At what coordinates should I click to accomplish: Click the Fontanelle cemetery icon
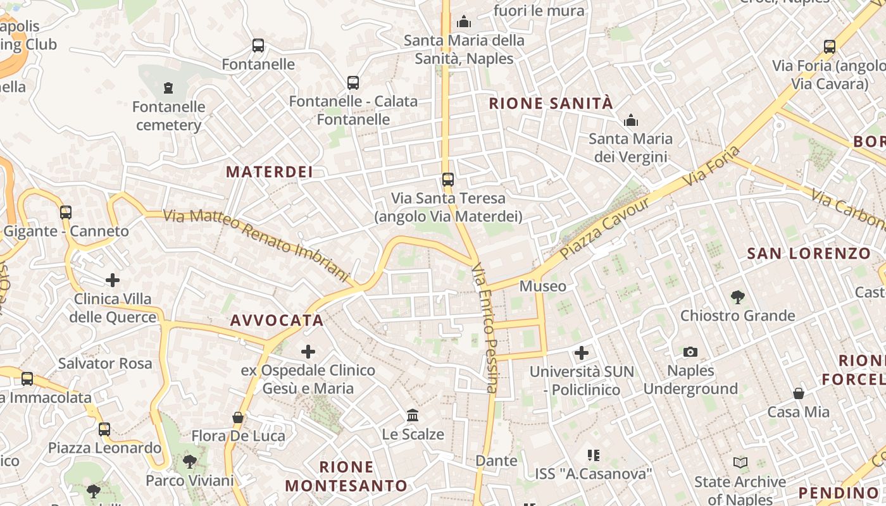[x=168, y=88]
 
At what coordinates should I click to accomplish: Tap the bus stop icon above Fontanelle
[x=258, y=46]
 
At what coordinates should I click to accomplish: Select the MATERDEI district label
[x=270, y=172]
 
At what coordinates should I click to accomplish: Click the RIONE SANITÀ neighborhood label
[x=551, y=104]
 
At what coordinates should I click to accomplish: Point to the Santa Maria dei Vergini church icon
[x=631, y=120]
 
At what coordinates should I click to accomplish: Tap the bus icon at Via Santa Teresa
[x=448, y=180]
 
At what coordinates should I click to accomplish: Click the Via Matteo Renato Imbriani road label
[x=256, y=245]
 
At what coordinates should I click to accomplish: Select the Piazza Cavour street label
[x=605, y=228]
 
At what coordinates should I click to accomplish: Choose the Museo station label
[x=543, y=287]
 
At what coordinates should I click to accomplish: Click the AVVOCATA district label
[x=277, y=321]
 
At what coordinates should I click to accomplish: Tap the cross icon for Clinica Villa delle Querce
[x=113, y=280]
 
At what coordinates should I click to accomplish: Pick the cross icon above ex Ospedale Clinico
[x=308, y=351]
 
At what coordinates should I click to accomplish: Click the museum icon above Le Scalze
[x=413, y=416]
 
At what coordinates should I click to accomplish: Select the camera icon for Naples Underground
[x=690, y=352]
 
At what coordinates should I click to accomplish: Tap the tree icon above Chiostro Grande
[x=737, y=296]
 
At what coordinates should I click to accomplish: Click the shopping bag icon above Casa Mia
[x=799, y=393]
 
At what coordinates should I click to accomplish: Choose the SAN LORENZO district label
[x=809, y=254]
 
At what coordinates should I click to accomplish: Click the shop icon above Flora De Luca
[x=238, y=417]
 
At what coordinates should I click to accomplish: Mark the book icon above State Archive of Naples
[x=740, y=463]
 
